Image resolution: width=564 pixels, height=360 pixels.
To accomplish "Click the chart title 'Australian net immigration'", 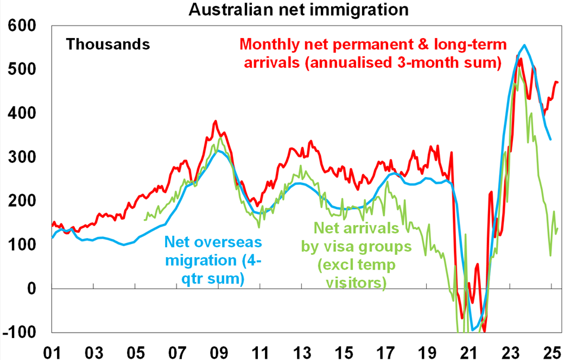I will (x=282, y=10).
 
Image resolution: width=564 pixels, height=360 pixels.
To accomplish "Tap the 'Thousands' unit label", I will (x=108, y=44).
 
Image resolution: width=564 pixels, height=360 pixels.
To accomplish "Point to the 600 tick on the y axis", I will (x=22, y=26).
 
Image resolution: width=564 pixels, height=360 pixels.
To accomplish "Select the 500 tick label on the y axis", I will (x=22, y=70).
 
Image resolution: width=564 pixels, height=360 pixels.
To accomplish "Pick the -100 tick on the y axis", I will (x=20, y=332).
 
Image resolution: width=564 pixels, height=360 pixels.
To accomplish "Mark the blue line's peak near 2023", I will (x=524, y=45).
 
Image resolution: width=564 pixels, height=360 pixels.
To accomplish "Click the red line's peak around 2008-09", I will (x=215, y=121).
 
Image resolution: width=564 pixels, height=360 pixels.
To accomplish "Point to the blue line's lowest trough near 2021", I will (x=473, y=330).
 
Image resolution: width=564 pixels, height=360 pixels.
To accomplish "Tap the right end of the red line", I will (x=557, y=82).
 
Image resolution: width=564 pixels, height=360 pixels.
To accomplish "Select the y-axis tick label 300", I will (x=22, y=157).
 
